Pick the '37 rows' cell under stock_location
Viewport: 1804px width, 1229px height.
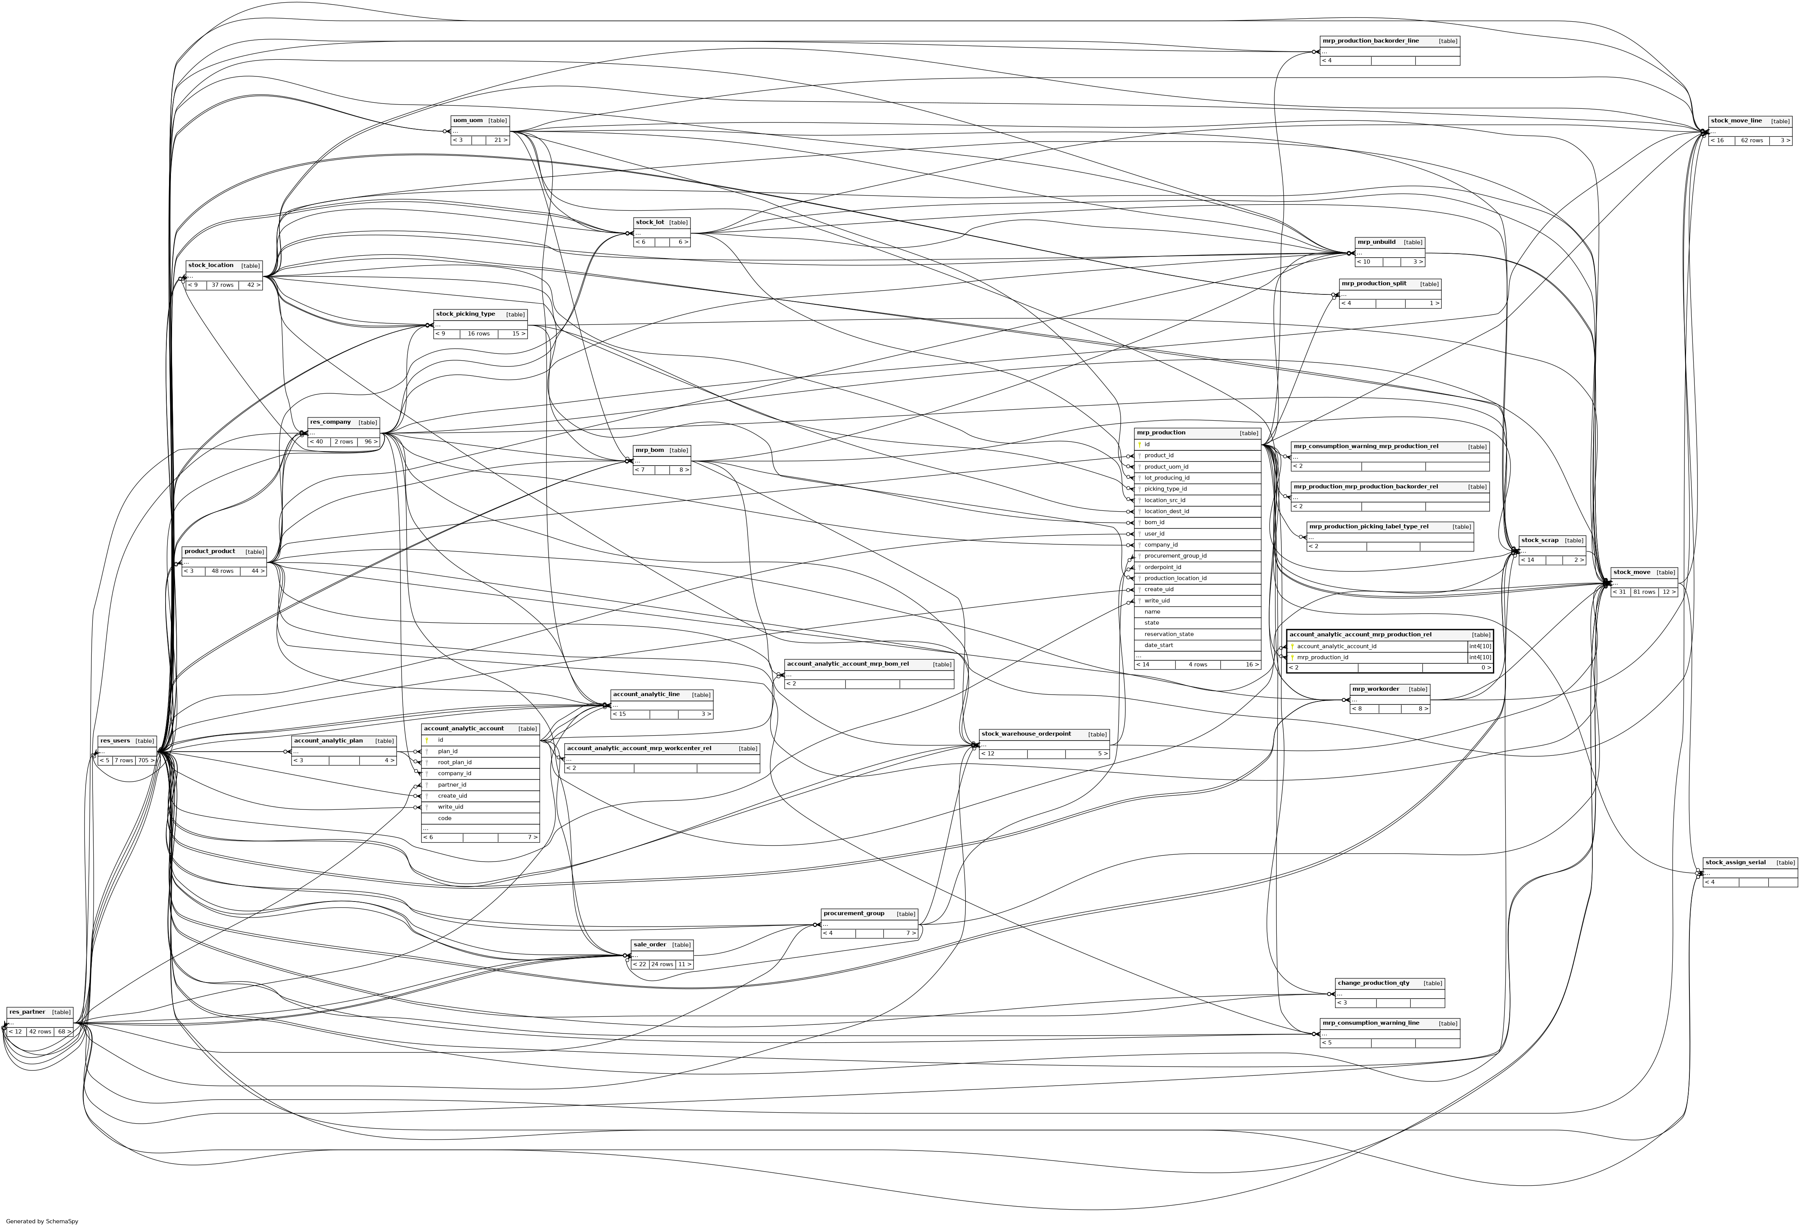222,285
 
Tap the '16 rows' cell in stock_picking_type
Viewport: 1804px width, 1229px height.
478,334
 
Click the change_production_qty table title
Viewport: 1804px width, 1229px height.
1373,983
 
